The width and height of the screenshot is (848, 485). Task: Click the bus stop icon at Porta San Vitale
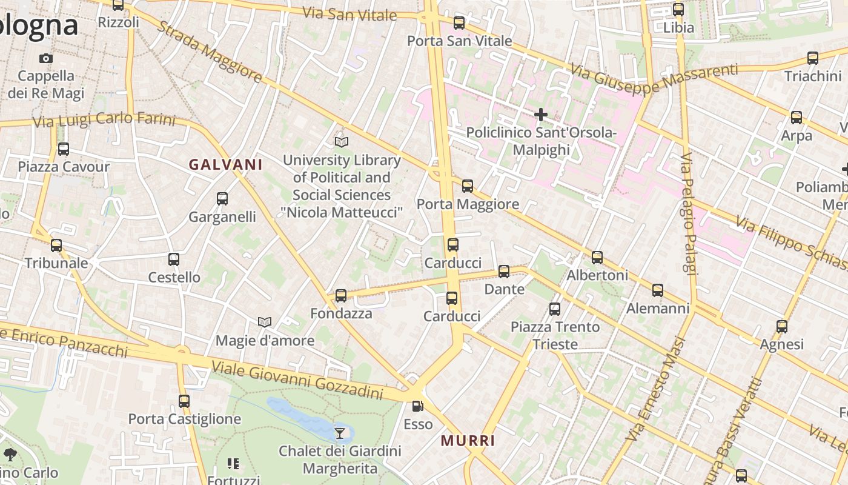(459, 23)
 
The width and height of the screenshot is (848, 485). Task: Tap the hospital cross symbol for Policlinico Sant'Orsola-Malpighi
(540, 114)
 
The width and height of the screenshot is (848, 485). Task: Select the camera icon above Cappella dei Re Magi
(45, 58)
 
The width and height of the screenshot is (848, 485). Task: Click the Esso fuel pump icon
(417, 406)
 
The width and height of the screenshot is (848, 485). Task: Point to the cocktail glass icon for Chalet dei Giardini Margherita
(340, 433)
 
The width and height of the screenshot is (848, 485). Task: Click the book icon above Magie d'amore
(265, 322)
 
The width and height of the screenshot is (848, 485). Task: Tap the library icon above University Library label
(342, 142)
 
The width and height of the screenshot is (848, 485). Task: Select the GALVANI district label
(225, 164)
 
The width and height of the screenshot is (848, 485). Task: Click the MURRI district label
(468, 441)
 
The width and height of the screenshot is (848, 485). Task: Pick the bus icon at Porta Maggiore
(467, 186)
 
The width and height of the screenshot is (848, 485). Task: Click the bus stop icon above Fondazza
(341, 295)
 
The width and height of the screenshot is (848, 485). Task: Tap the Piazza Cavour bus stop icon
(64, 149)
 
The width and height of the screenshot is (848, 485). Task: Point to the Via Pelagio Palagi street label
(687, 213)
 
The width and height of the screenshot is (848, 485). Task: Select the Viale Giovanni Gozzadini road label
(297, 378)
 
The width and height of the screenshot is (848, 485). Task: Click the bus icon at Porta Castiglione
(184, 401)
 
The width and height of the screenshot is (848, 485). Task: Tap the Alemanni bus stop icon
(658, 290)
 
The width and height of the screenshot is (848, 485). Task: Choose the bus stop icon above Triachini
(813, 58)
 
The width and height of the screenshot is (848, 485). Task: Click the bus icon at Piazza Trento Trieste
(554, 309)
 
